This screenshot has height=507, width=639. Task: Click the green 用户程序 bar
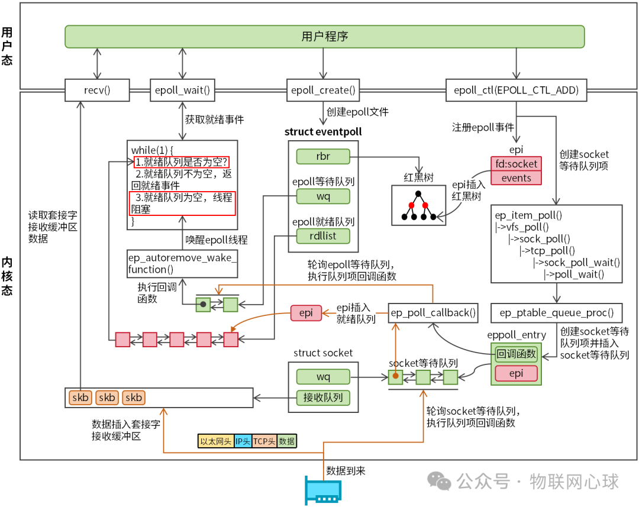click(324, 36)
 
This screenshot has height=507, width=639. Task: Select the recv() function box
click(97, 91)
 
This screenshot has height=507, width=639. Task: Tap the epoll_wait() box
click(182, 91)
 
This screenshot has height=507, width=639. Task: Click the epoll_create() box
click(323, 91)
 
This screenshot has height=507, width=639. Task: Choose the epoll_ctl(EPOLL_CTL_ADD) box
click(516, 91)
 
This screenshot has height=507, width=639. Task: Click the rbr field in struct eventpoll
click(323, 157)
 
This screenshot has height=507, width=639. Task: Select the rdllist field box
click(323, 236)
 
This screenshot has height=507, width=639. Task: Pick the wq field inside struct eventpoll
click(323, 196)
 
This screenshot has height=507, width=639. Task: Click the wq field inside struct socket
click(323, 376)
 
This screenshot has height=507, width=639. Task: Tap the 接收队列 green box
click(323, 398)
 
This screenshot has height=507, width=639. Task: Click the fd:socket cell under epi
click(516, 163)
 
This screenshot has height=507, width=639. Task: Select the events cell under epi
click(516, 178)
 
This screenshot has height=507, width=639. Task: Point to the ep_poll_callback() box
click(433, 312)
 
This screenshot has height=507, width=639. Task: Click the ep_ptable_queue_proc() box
click(557, 312)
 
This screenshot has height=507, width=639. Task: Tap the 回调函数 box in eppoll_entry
click(516, 354)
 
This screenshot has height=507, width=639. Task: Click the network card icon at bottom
click(323, 490)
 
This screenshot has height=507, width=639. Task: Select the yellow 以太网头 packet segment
click(216, 441)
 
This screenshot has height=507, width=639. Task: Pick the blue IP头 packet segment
click(243, 441)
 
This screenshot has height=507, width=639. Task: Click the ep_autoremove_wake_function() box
click(182, 263)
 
